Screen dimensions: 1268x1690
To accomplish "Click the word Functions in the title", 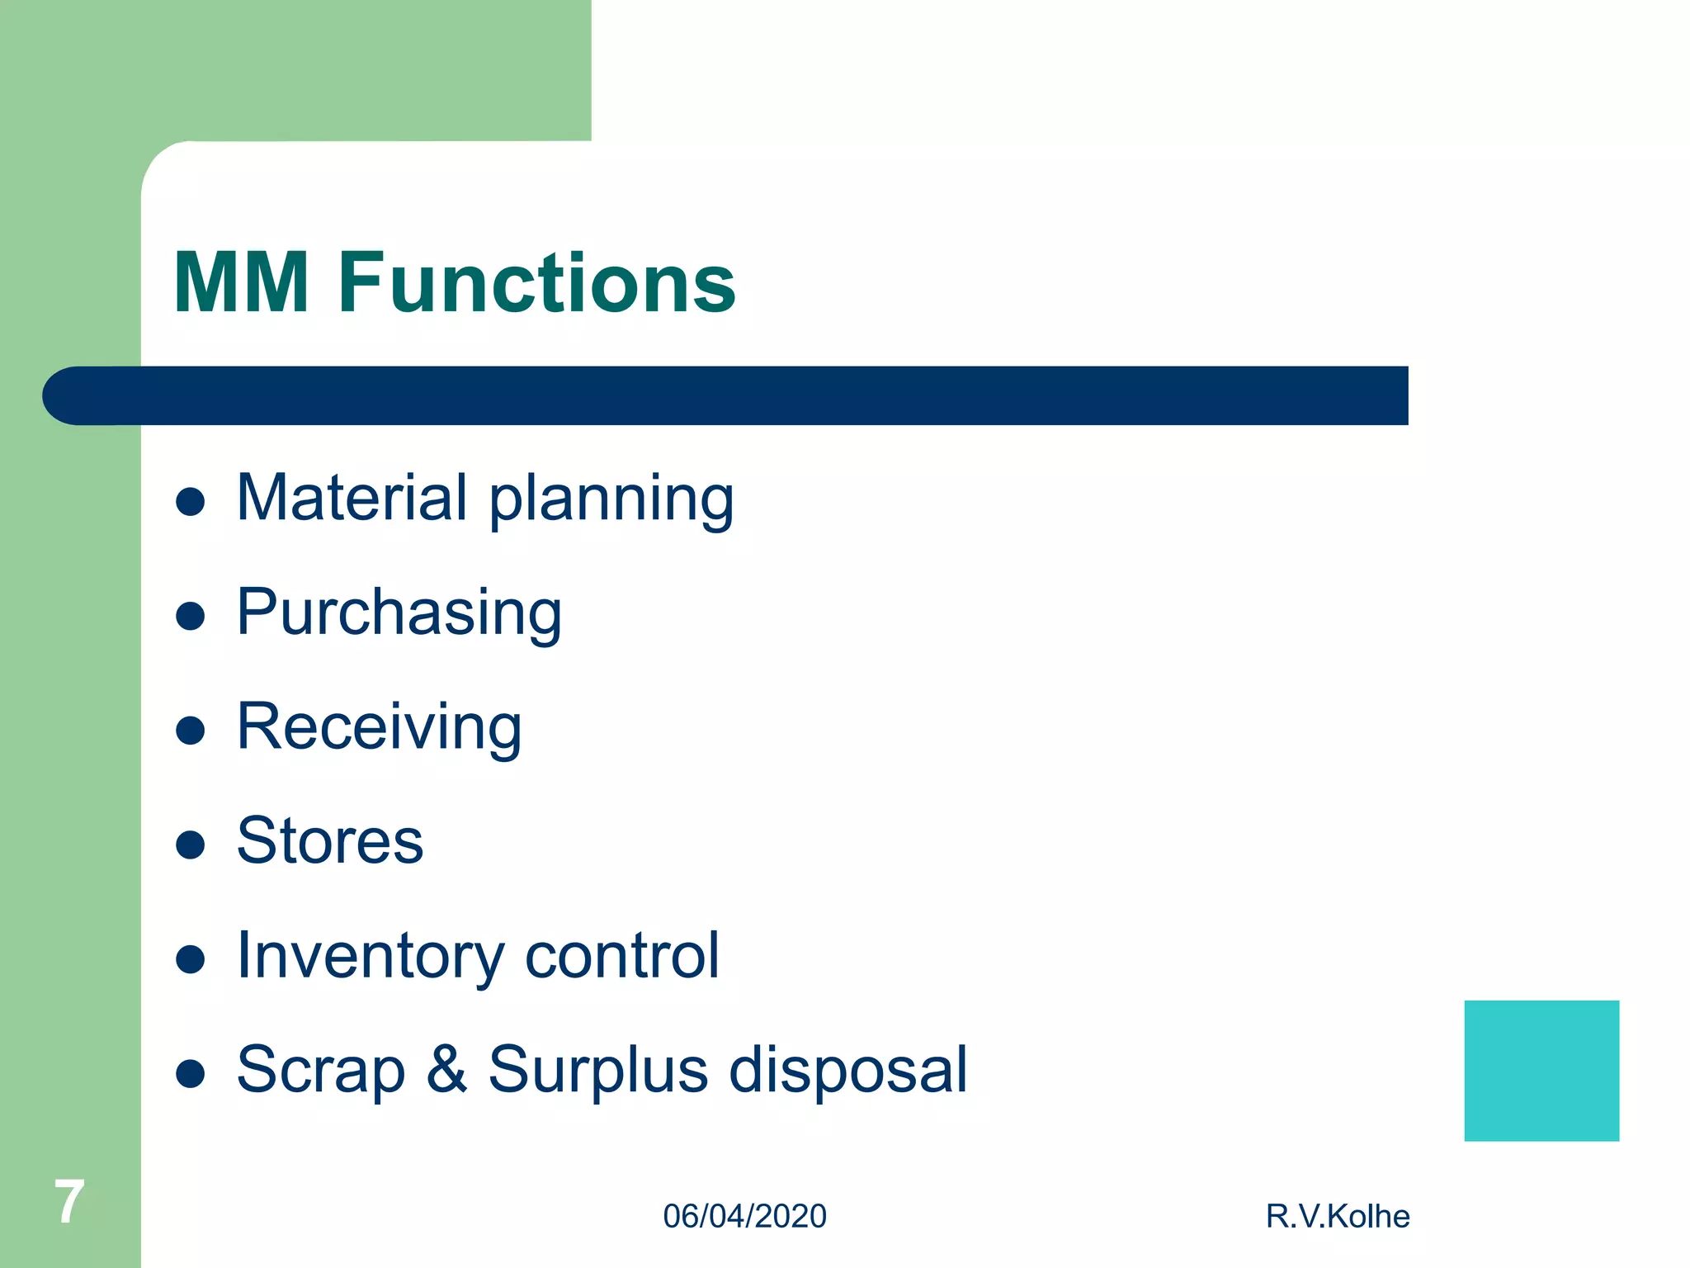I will click(536, 283).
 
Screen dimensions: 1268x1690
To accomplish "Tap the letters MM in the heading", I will click(241, 283).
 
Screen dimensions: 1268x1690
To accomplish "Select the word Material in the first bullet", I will click(352, 498).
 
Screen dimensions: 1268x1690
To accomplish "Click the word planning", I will click(611, 500).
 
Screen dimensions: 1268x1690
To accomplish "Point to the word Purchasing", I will click(399, 613).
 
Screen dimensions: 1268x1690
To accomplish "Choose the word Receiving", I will click(379, 727).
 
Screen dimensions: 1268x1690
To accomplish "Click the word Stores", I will click(330, 841).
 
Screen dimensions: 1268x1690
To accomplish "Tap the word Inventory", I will click(370, 956).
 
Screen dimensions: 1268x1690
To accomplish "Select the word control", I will click(622, 955).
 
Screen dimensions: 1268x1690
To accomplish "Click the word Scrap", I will click(321, 1070).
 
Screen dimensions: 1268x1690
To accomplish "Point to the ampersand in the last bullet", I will click(446, 1069).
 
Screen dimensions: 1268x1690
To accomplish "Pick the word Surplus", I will click(597, 1070).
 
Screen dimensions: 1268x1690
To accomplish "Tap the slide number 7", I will click(69, 1202).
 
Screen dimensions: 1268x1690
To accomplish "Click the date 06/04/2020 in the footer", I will click(744, 1217).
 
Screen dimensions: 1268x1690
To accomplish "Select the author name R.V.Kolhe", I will click(1338, 1217).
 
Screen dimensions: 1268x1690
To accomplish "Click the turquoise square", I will click(1541, 1071).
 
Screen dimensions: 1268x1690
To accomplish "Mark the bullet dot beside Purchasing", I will click(191, 616).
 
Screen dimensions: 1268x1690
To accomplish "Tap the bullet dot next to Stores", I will click(191, 845).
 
